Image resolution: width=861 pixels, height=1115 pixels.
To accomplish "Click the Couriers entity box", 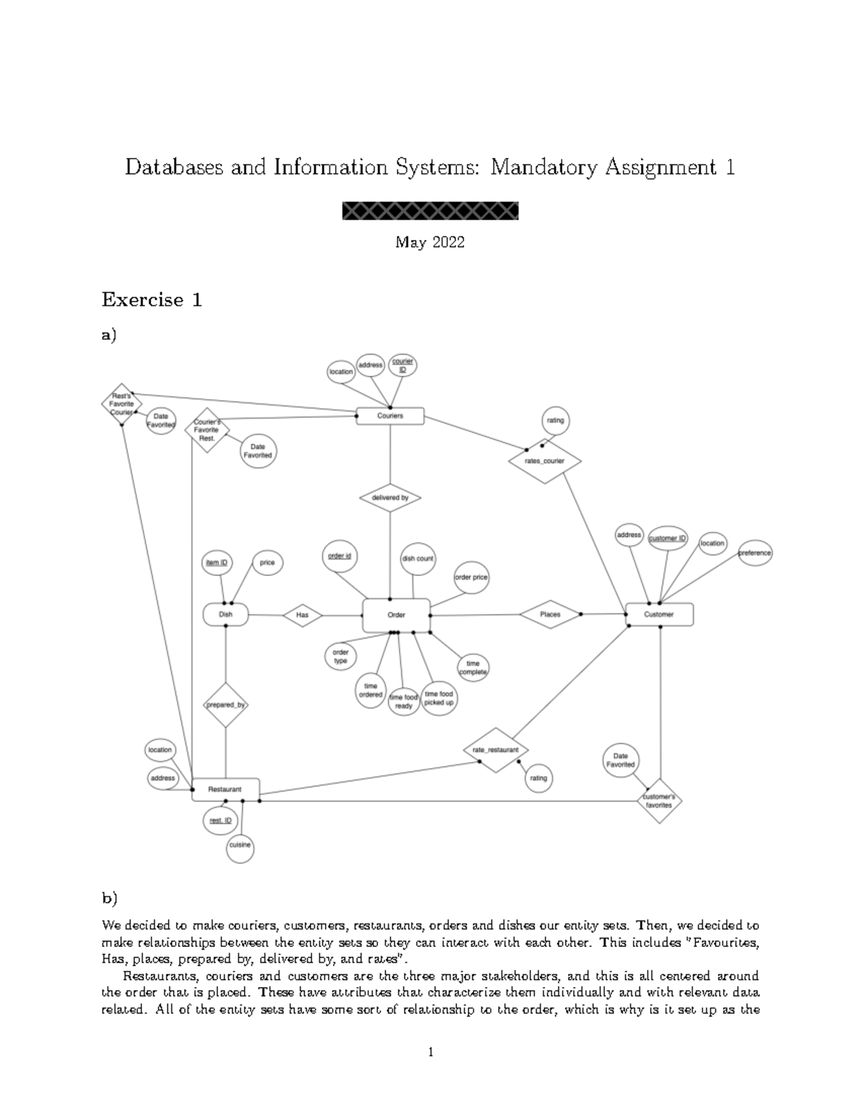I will point(390,416).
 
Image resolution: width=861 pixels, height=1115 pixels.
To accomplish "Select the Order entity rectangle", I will point(396,615).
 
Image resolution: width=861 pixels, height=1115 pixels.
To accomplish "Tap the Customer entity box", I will point(659,615).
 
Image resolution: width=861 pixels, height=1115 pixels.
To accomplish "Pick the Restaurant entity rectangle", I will point(225,789).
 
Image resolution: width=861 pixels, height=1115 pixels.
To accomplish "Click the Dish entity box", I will point(225,615).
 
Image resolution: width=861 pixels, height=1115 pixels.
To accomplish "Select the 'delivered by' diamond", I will point(390,498).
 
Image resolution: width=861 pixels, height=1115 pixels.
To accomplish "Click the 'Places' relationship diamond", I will point(550,615).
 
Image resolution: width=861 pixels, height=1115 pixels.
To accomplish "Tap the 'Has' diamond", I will point(302,615).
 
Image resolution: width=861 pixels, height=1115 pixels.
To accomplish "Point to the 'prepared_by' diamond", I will point(225,705).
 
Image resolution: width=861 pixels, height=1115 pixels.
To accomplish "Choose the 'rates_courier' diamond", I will point(545,462).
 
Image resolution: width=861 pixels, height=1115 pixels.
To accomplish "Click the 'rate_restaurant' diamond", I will point(495,750).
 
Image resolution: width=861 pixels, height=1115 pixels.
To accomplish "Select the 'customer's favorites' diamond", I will point(659,801).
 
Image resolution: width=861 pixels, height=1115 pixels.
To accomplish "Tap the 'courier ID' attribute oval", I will point(403,365).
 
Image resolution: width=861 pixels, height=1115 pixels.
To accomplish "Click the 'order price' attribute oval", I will point(471,577).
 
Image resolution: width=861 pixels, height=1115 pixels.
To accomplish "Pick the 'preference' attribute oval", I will point(755,554).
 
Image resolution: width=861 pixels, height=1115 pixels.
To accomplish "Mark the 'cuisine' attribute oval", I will point(240,846).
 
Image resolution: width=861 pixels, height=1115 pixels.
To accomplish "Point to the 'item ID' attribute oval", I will point(217,564).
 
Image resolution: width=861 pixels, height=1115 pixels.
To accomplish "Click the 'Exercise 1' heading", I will point(151,299).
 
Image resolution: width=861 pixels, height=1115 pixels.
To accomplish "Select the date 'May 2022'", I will point(430,243).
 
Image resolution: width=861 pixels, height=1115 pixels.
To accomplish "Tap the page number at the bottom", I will point(430,1053).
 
